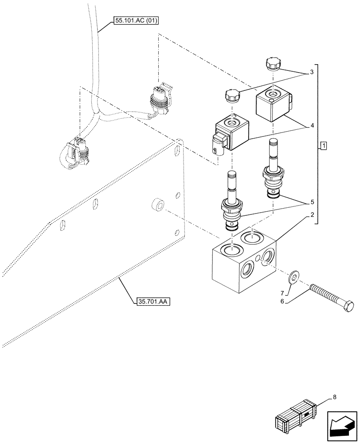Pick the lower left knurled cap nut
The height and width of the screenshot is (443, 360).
click(232, 96)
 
